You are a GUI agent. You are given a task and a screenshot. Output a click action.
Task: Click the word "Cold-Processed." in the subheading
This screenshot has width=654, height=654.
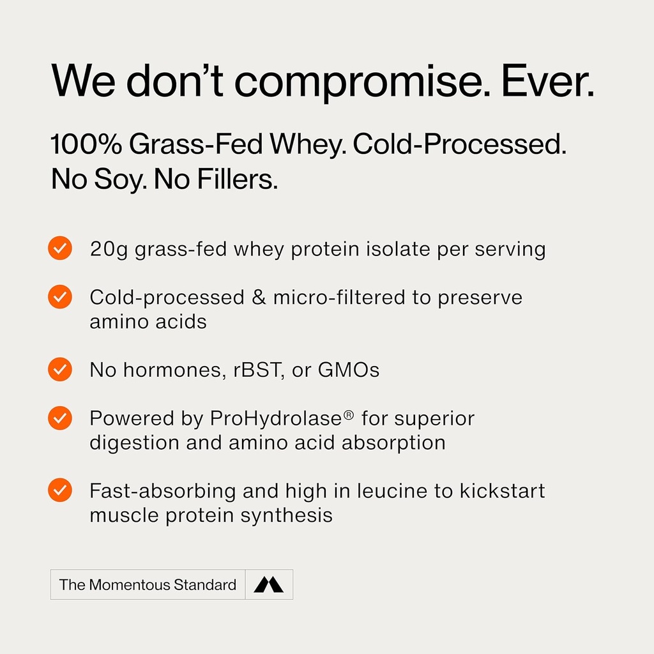tap(460, 146)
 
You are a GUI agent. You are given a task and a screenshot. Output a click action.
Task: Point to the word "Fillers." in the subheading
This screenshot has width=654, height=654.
tap(237, 180)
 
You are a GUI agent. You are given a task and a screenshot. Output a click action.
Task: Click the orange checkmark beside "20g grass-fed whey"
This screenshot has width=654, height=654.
tap(60, 248)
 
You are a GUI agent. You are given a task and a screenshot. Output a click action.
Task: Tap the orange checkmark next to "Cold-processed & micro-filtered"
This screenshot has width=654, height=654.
tap(60, 297)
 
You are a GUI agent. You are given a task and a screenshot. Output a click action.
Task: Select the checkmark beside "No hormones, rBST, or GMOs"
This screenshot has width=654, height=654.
tap(60, 369)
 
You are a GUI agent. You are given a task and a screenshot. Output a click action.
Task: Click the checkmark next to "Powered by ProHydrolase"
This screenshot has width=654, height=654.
tap(60, 418)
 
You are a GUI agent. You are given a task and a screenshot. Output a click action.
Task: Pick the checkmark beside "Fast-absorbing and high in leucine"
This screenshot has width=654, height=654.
tap(60, 490)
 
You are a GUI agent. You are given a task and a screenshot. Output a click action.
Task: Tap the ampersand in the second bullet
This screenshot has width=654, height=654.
tap(259, 297)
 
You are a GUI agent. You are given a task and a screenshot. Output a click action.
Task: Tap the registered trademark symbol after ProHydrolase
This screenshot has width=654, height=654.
tap(349, 415)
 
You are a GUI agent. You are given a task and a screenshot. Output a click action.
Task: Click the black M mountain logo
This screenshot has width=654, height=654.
tap(268, 584)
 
